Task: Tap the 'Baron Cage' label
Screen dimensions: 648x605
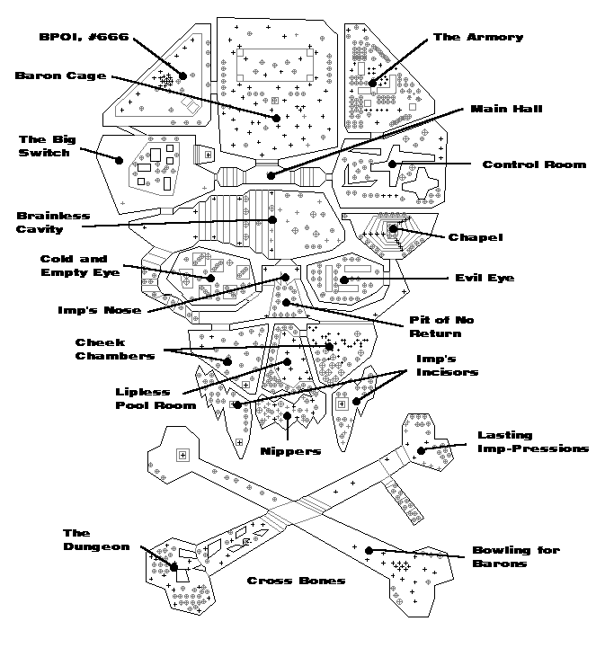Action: (59, 75)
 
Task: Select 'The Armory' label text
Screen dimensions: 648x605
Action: (477, 37)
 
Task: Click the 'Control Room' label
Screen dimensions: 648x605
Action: (534, 164)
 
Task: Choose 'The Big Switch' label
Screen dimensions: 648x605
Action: (44, 146)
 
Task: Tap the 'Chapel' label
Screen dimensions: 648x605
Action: (475, 236)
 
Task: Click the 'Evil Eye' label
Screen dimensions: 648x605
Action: (485, 279)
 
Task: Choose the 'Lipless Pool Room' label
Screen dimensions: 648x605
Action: (156, 398)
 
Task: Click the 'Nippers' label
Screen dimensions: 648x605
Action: (289, 451)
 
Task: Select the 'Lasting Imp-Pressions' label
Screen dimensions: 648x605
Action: (532, 441)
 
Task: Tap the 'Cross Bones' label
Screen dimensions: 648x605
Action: (296, 581)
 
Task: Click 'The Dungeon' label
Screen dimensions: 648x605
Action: (96, 540)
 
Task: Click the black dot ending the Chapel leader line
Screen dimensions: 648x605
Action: (393, 231)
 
